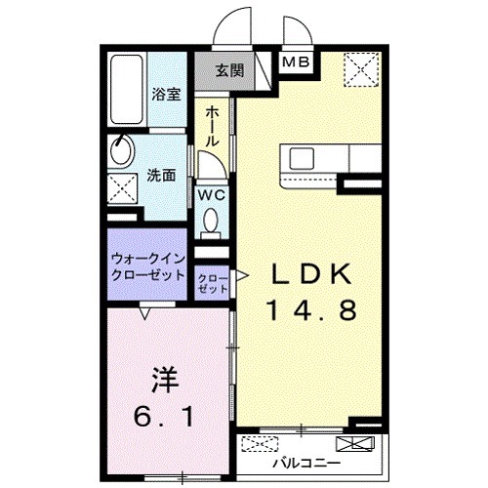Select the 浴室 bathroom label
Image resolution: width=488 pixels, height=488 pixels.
pos(165,95)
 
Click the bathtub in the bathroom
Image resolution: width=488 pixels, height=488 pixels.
pos(126,93)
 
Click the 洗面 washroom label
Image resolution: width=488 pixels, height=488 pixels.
pos(161,176)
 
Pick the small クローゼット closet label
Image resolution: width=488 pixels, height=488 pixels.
pos(213,282)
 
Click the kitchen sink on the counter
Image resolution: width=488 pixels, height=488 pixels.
pos(299,157)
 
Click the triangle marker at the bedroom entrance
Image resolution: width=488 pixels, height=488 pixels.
pos(145,314)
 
